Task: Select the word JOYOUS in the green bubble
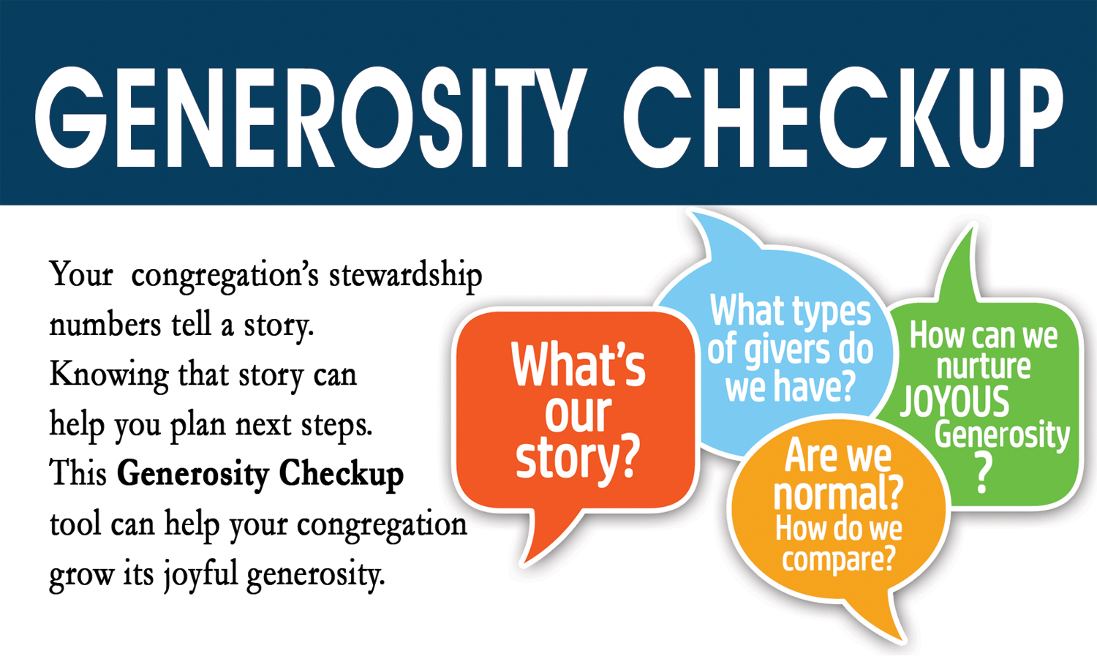(954, 402)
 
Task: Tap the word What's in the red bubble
(578, 366)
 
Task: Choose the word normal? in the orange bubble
(838, 494)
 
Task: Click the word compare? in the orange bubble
(838, 560)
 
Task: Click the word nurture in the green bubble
(983, 366)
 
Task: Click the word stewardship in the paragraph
(405, 276)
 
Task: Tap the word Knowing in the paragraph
(109, 376)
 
